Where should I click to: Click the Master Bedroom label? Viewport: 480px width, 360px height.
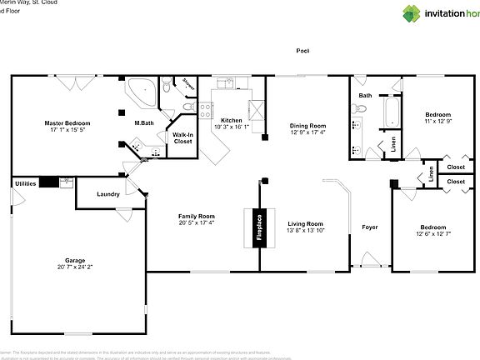click(67, 122)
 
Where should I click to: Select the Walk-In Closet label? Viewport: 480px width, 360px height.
click(182, 138)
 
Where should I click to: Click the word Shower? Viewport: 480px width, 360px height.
click(189, 87)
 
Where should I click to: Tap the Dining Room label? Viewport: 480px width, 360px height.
click(307, 126)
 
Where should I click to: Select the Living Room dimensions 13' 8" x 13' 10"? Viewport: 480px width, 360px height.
click(305, 230)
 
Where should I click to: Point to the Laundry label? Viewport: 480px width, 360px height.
click(107, 194)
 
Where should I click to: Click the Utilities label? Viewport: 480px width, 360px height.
click(25, 182)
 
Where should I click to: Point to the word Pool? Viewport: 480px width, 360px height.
click(302, 50)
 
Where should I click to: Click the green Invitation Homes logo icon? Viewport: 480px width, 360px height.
click(412, 13)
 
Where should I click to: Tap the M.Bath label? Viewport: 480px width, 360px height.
click(144, 123)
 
